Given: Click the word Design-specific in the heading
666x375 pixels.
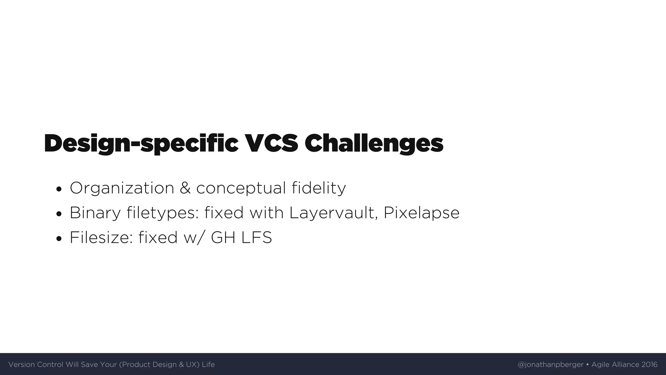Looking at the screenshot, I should (x=141, y=144).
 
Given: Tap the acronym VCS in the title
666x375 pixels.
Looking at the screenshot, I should (x=271, y=144).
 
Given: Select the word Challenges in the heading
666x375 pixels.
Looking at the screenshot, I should (x=374, y=144).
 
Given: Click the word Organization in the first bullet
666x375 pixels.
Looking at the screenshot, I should (x=122, y=188).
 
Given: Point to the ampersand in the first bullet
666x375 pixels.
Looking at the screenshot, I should (x=185, y=188).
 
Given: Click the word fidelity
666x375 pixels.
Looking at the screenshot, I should (x=319, y=188).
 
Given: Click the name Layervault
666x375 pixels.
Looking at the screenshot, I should (x=333, y=213).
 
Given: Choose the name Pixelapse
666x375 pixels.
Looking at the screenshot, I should (x=421, y=213).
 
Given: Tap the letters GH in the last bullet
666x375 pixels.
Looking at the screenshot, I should (x=223, y=238).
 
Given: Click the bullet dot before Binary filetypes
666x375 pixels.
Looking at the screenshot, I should (x=59, y=214).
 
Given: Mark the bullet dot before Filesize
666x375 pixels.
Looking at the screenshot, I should (x=59, y=239).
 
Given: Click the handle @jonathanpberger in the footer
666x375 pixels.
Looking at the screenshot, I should (x=551, y=365).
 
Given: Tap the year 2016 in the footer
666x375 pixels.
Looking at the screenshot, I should (x=649, y=365).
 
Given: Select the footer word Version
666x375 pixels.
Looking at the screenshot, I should (x=21, y=365).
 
